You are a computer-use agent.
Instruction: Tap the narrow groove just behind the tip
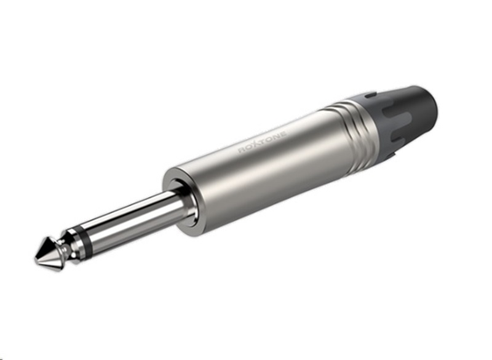[64, 249]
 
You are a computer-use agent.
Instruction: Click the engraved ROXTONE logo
[263, 142]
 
